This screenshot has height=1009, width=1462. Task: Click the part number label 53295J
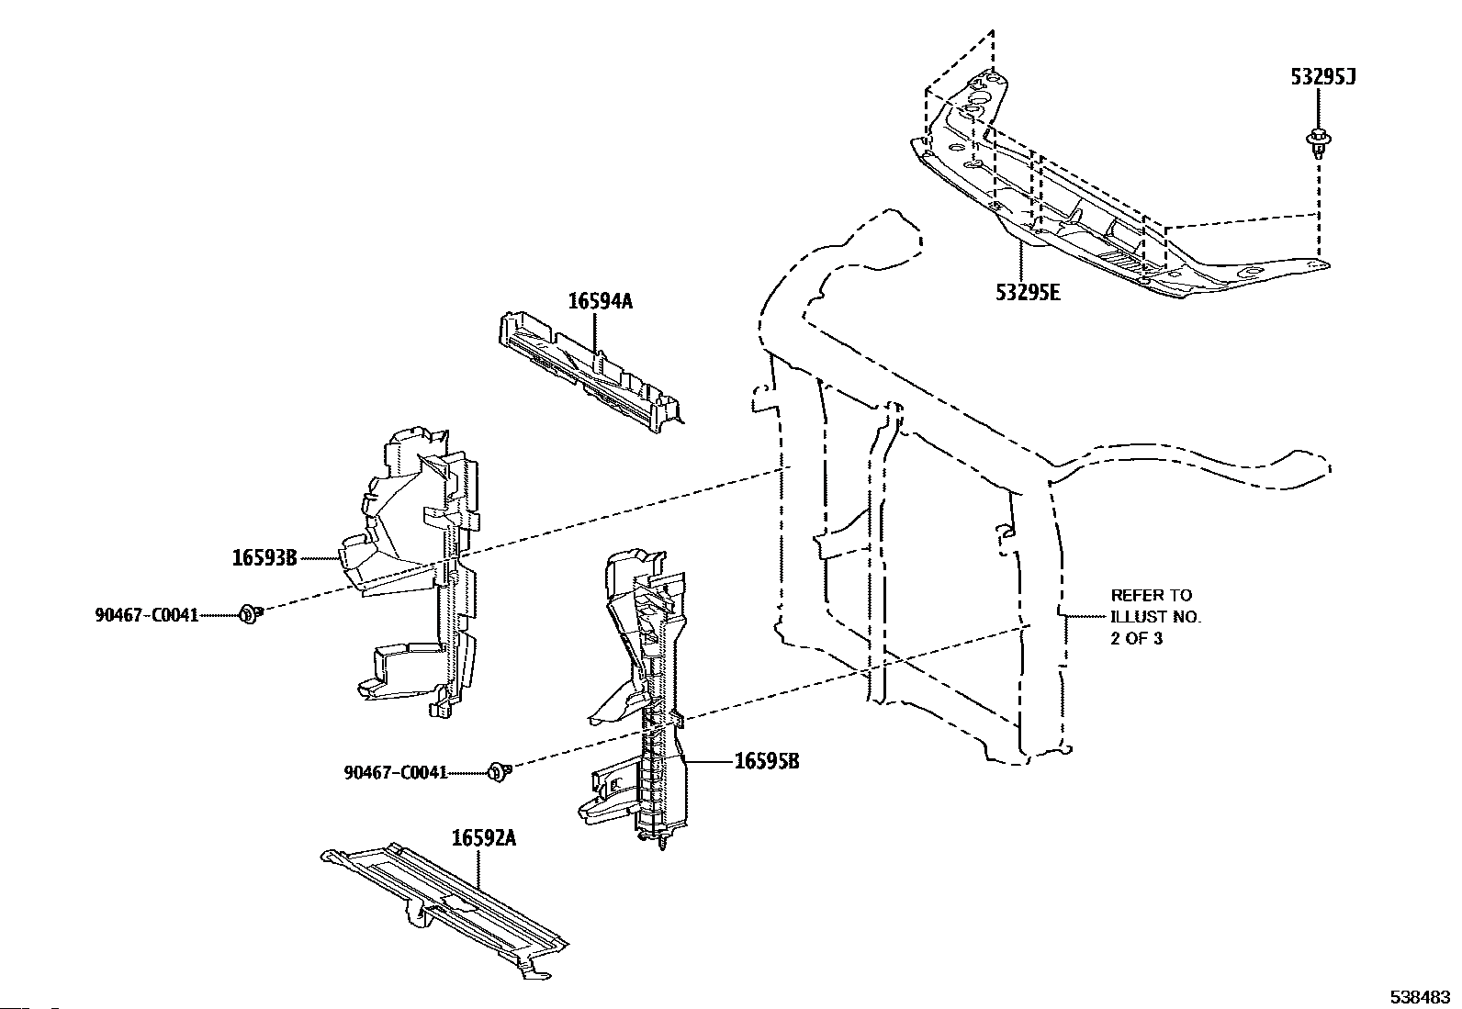[1323, 77]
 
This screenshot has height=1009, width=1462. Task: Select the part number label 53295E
[1028, 293]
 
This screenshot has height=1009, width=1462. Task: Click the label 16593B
[264, 557]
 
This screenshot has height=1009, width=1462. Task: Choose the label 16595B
[766, 761]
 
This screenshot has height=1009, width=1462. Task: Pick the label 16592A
[483, 837]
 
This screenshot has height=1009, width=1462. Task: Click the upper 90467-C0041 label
[146, 615]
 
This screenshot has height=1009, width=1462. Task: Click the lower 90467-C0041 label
[396, 772]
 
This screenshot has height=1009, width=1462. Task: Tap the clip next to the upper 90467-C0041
[249, 614]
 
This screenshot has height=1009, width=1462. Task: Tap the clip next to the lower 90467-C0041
[500, 771]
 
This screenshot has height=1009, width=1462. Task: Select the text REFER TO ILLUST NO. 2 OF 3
[1155, 617]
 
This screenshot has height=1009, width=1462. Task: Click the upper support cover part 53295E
[1102, 220]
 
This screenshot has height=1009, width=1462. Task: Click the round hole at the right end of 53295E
[1252, 274]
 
